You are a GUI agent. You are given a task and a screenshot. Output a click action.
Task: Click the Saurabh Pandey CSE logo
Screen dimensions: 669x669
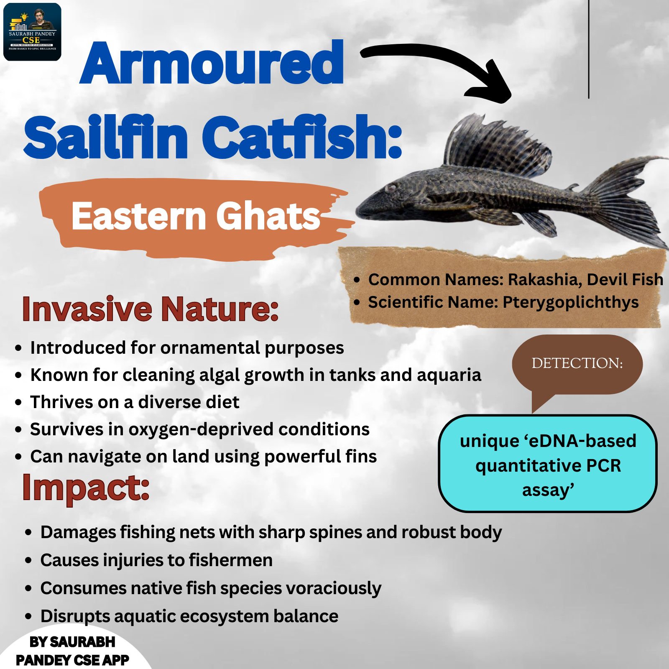coord(32,32)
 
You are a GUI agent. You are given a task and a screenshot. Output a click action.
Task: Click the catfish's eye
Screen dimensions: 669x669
coord(391,188)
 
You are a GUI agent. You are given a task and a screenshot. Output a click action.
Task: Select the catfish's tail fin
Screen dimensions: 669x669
coord(627,201)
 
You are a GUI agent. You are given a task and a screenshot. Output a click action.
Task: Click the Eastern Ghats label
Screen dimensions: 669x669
coord(196,216)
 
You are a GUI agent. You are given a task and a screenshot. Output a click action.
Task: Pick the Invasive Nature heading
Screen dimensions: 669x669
coord(150,309)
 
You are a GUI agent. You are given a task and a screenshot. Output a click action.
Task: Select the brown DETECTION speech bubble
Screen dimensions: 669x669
coord(577,366)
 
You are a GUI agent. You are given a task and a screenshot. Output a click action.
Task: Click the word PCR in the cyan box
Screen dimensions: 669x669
coord(603,465)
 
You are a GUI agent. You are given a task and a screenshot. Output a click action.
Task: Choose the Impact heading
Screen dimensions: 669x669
coord(86,488)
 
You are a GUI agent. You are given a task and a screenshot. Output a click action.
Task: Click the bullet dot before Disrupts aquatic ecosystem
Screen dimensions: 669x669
coord(28,616)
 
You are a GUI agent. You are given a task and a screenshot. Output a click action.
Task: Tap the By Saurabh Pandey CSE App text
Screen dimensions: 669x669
coord(72,651)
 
